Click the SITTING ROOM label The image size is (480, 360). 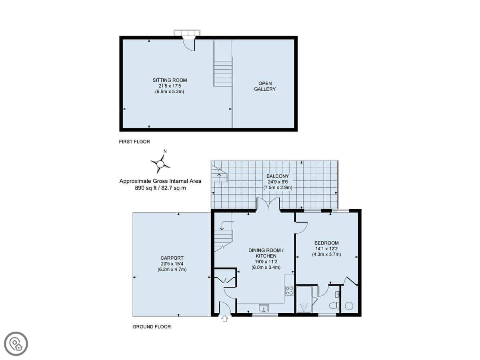pyautogui.click(x=170, y=80)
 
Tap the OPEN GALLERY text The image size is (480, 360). pyautogui.click(x=265, y=86)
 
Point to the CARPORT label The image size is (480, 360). pyautogui.click(x=172, y=258)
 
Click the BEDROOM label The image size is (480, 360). pyautogui.click(x=326, y=243)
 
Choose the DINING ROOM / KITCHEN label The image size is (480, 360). pyautogui.click(x=266, y=253)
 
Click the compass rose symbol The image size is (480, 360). pyautogui.click(x=160, y=164)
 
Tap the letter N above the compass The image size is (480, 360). pyautogui.click(x=165, y=151)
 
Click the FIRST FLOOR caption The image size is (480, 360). pyautogui.click(x=134, y=142)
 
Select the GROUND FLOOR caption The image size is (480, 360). pyautogui.click(x=152, y=326)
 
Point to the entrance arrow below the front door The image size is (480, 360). pyautogui.click(x=225, y=319)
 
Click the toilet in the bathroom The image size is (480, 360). pyautogui.click(x=334, y=305)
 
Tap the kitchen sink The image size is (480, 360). pyautogui.click(x=264, y=308)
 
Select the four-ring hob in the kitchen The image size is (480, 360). pyautogui.click(x=289, y=290)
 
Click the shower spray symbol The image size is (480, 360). pyautogui.click(x=304, y=306)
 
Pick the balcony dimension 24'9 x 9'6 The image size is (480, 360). pyautogui.click(x=278, y=182)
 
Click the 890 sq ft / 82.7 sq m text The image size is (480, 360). pyautogui.click(x=160, y=188)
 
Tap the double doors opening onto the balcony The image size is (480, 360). pyautogui.click(x=268, y=204)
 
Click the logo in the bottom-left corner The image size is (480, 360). pyautogui.click(x=16, y=344)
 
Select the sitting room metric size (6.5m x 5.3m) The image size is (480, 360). pyautogui.click(x=170, y=92)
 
